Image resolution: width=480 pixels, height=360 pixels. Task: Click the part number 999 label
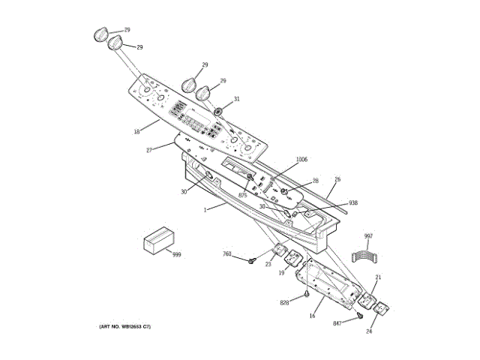pos(177,255)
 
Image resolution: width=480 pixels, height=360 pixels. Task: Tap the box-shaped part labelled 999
pos(158,241)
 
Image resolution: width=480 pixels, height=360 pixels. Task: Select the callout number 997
pos(368,236)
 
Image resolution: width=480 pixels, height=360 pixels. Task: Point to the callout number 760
pos(227,254)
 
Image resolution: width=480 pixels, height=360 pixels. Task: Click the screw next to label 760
pos(253,261)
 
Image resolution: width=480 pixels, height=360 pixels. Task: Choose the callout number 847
pos(338,323)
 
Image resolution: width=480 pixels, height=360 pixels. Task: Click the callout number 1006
pos(301,159)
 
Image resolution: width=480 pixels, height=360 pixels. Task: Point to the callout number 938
pos(353,202)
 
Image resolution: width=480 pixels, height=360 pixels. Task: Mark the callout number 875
pos(242,196)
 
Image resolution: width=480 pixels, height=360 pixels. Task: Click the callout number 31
pos(236,99)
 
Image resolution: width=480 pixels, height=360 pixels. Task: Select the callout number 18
pos(136,132)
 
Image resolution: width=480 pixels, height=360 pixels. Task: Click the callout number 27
pos(149,150)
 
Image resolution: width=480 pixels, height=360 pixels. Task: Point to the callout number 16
pos(312,316)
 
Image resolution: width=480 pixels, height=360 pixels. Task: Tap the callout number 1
pos(204,210)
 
